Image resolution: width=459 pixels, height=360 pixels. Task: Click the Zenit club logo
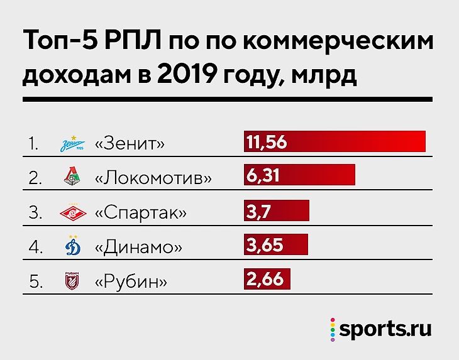pyautogui.click(x=70, y=143)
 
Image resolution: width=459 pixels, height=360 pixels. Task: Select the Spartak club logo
pyautogui.click(x=70, y=212)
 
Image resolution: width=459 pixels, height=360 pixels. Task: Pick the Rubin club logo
pyautogui.click(x=70, y=280)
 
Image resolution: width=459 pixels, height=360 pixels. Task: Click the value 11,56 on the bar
pyautogui.click(x=267, y=142)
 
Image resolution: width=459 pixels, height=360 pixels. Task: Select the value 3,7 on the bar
pyautogui.click(x=258, y=211)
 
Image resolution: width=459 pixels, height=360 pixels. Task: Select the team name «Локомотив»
pyautogui.click(x=153, y=178)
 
